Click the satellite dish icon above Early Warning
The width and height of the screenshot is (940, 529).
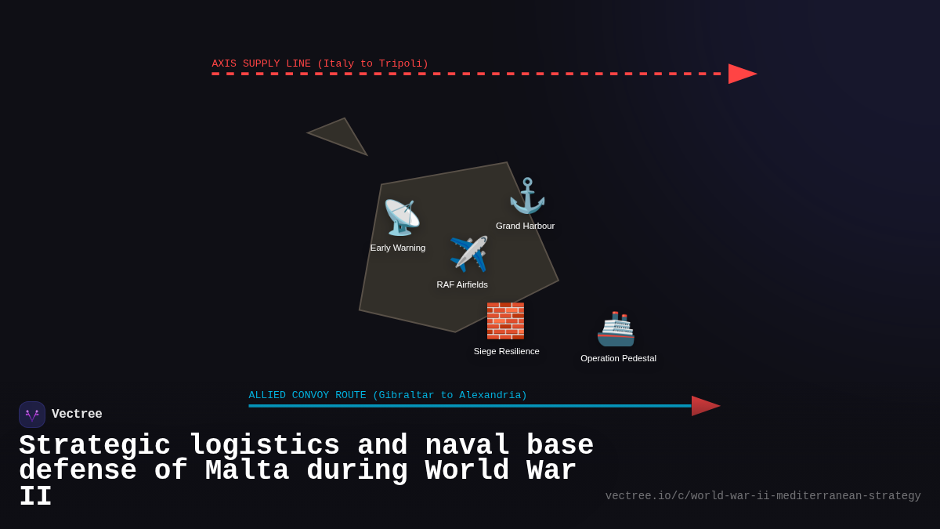tap(401, 218)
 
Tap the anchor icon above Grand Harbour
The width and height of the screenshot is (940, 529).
tap(526, 196)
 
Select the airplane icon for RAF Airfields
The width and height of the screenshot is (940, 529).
tap(468, 255)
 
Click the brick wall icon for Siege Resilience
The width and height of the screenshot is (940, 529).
tap(505, 321)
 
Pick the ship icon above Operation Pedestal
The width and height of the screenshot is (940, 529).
tap(616, 329)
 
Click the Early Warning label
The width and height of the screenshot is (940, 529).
tap(398, 248)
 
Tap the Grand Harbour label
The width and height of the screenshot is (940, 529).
tap(525, 226)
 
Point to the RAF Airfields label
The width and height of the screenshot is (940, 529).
tap(462, 284)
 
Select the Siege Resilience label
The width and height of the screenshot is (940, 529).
tap(506, 351)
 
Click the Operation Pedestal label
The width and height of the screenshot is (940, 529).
tap(618, 358)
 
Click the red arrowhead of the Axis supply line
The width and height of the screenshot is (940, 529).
tap(741, 74)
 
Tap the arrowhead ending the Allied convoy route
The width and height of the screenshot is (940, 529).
tap(704, 406)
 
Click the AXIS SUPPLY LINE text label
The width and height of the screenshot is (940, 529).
tap(320, 63)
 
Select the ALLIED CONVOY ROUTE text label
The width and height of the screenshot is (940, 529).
tap(388, 395)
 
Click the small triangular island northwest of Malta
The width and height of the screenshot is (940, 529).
tap(340, 136)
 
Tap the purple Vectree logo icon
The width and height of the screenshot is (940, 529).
tap(32, 415)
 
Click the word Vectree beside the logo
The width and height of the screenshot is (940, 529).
tap(77, 415)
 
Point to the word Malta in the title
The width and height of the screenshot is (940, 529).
tap(247, 471)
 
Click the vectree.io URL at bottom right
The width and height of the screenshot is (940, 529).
tap(762, 496)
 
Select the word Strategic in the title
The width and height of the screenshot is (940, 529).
tap(95, 446)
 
